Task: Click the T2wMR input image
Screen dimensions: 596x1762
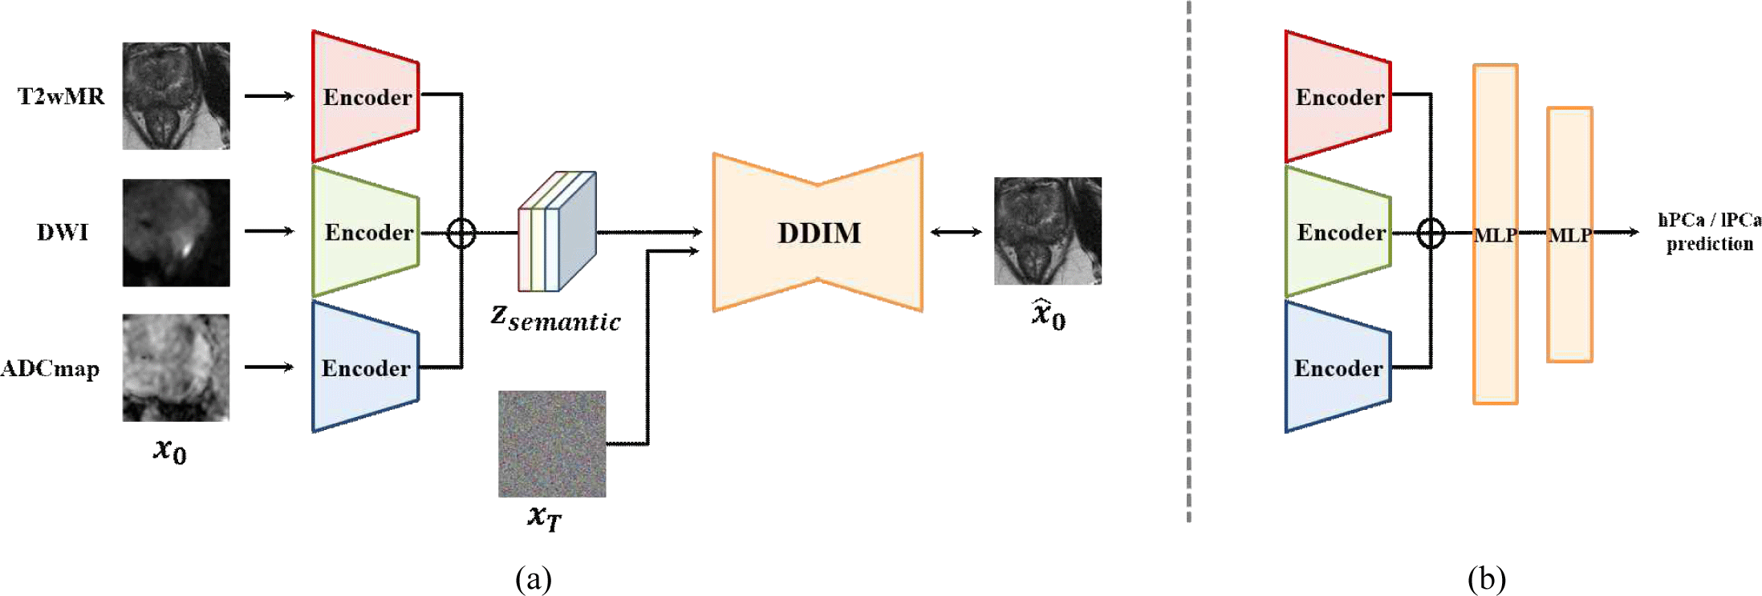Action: tap(176, 95)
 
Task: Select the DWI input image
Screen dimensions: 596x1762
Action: tap(176, 232)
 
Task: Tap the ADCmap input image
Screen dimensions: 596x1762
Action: tap(176, 367)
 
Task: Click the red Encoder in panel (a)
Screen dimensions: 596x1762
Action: tap(365, 96)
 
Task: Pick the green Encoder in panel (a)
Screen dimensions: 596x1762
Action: tap(365, 232)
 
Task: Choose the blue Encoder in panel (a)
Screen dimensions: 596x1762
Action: tap(365, 367)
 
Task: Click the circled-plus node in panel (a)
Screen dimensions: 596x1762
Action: tap(461, 233)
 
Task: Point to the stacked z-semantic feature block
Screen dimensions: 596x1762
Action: tap(557, 232)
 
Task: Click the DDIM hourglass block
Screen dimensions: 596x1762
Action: tap(818, 233)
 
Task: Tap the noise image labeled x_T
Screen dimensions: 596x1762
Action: tap(552, 444)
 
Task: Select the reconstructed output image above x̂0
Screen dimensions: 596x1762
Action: tap(1047, 231)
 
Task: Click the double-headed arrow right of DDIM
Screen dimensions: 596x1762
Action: tap(956, 233)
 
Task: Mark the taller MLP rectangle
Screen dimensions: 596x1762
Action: tap(1495, 233)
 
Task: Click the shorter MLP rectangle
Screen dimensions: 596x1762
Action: tap(1569, 234)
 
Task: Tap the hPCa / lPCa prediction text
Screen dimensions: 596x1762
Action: tap(1709, 232)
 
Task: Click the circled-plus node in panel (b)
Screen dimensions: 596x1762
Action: tap(1431, 233)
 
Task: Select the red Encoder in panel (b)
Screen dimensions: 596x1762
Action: tap(1338, 96)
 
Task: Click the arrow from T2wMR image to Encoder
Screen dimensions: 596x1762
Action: tap(269, 95)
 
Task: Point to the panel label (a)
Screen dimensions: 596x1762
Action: tap(534, 578)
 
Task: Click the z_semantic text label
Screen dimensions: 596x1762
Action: tap(555, 319)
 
